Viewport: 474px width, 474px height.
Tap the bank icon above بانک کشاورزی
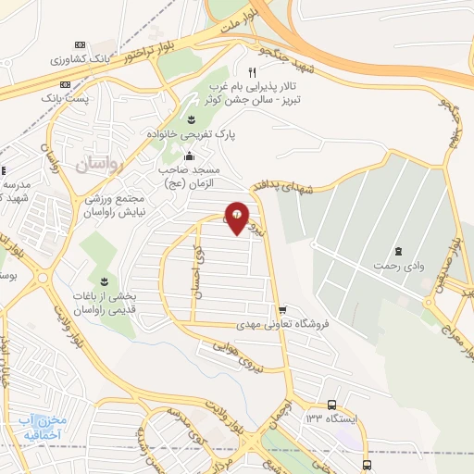(79, 44)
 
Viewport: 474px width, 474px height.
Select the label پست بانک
(69, 95)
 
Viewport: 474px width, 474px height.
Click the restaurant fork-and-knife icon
(251, 71)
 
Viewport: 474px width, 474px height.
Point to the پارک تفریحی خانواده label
(191, 134)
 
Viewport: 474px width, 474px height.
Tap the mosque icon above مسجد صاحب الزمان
(190, 155)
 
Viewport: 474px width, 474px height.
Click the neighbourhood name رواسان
(99, 165)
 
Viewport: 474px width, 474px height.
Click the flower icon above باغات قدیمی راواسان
(104, 281)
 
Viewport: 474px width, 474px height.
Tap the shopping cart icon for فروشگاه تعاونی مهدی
(281, 310)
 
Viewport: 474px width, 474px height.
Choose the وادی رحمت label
(398, 266)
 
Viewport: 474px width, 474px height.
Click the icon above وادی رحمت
(398, 252)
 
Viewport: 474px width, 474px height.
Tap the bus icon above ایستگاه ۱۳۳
(331, 405)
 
